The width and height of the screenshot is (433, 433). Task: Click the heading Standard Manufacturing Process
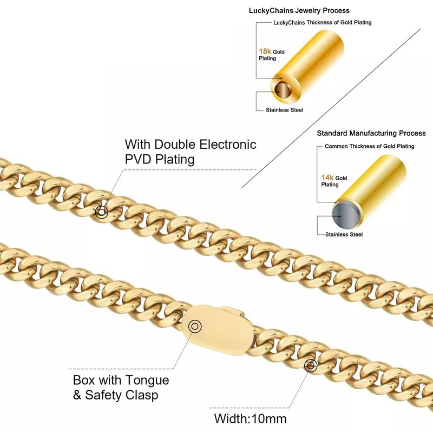point(371,133)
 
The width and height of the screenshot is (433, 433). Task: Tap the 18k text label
point(265,51)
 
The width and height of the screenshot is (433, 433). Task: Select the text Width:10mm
point(250,418)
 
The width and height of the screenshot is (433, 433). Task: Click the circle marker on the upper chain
point(101,212)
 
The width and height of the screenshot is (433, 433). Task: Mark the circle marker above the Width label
point(310,366)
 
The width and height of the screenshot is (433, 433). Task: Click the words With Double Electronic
point(191,145)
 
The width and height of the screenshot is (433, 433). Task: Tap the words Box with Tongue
point(121,380)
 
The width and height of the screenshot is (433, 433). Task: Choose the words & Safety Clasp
point(115,396)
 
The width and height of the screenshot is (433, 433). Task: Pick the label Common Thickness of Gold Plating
point(369,146)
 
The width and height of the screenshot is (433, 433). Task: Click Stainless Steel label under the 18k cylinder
point(284,110)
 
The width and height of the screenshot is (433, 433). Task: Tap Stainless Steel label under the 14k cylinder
point(344,234)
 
